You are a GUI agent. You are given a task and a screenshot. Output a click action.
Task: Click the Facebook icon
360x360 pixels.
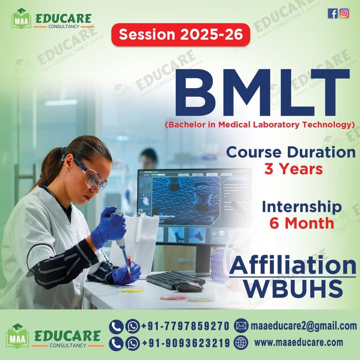(x=332, y=13)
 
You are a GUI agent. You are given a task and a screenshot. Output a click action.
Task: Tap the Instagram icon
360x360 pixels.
(x=344, y=13)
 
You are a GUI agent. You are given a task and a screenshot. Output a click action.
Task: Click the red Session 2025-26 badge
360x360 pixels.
(x=181, y=34)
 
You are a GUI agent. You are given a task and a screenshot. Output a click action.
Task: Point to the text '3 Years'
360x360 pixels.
(x=293, y=169)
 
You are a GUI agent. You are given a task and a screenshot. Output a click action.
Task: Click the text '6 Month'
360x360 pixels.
(x=302, y=223)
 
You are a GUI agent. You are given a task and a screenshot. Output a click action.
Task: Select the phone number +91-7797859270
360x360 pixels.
(x=185, y=326)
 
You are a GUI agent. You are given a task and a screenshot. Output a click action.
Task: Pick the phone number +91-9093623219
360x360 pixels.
(x=186, y=343)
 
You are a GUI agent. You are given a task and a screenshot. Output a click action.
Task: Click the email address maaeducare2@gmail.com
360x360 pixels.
(x=304, y=326)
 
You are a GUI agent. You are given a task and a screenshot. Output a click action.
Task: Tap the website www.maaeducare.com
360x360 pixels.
(x=299, y=343)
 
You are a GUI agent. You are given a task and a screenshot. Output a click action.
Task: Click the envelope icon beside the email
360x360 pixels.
(x=241, y=326)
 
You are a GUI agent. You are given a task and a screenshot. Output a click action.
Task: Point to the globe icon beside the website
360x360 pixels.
(x=241, y=342)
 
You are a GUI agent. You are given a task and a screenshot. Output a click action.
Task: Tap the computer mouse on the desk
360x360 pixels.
(x=189, y=287)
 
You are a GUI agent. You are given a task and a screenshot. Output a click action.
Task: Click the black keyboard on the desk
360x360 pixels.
(x=175, y=279)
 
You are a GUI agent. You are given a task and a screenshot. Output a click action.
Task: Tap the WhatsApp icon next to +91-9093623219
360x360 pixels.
(x=132, y=343)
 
